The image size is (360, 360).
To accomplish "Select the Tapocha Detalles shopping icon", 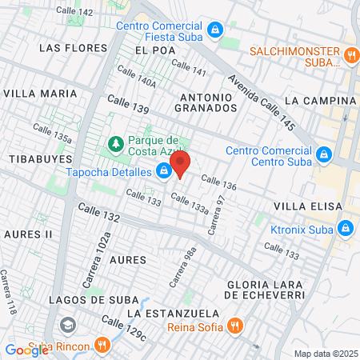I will [164, 171].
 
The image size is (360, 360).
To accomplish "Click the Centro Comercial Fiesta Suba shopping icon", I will [214, 30].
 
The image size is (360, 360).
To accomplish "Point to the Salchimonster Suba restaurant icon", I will [351, 55].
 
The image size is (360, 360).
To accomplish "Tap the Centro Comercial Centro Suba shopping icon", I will [323, 154].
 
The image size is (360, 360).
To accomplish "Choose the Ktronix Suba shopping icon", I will [345, 228].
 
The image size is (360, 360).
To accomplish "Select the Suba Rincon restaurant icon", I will [102, 345].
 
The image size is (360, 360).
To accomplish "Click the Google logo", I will [26, 350].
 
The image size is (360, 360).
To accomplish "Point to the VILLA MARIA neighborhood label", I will [40, 94].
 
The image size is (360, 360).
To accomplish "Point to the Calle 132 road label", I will [99, 214].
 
